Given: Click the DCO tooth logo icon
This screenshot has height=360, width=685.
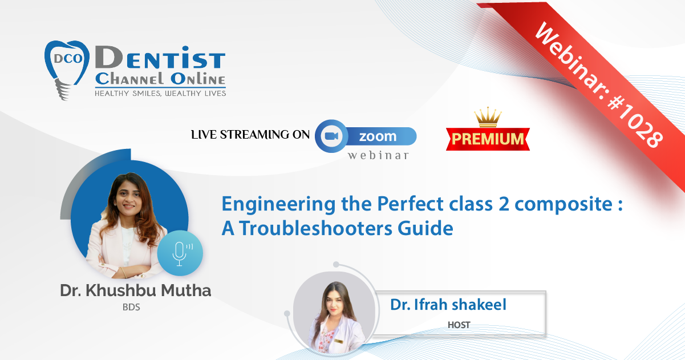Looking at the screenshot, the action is pos(67,70).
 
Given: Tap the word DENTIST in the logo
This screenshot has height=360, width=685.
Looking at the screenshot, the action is pos(160,58).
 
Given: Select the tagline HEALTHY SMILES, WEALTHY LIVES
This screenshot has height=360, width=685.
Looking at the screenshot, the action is pos(160,94).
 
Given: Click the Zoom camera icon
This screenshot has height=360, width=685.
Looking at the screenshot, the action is pos(331,136).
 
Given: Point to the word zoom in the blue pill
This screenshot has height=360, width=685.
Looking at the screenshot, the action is pos(378,136).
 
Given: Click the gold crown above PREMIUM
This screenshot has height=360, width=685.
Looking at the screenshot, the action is pos(488,117).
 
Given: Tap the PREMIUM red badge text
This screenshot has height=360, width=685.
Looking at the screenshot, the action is pos(488,139).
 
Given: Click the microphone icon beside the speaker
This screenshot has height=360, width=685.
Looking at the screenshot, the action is pos(180,253).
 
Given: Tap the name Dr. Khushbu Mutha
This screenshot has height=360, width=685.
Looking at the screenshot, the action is pos(136,290).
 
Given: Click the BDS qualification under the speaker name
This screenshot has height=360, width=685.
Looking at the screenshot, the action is pos(131,307).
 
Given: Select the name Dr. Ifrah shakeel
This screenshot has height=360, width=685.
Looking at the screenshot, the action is pos(448,305).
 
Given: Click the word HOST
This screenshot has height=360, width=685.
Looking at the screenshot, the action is pos(459,325).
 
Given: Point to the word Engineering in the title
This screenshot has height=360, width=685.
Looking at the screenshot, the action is pos(278,205).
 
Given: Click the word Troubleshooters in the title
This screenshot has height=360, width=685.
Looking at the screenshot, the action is pos(315,228).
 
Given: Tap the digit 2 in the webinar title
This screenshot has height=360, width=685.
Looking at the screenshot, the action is pos(504,204).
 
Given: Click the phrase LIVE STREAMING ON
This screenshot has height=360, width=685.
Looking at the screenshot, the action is pos(250,135).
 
